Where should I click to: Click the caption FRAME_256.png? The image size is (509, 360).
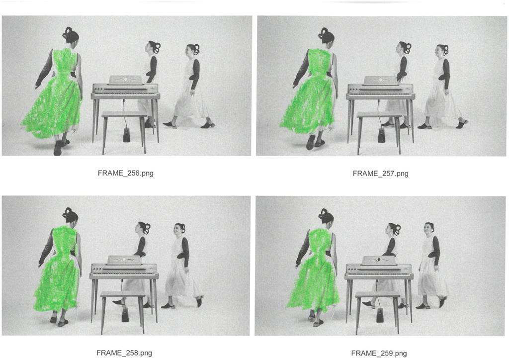pos(125,173)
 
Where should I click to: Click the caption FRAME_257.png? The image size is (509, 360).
pos(380,174)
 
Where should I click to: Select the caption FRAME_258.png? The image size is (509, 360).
pos(124,353)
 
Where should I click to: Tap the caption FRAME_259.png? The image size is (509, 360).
pos(379,353)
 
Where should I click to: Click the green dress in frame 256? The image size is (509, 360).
pos(55,97)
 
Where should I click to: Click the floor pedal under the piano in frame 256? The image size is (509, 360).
pos(127,135)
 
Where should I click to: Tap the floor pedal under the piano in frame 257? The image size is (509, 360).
pos(381,135)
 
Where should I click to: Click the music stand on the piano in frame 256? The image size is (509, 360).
pos(126,80)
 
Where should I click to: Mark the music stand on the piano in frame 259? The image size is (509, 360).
pos(380,261)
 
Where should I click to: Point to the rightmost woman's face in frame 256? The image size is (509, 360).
pos(189,51)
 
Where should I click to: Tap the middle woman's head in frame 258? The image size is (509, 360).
pos(142,228)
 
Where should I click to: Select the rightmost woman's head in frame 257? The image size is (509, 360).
pos(442,51)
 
